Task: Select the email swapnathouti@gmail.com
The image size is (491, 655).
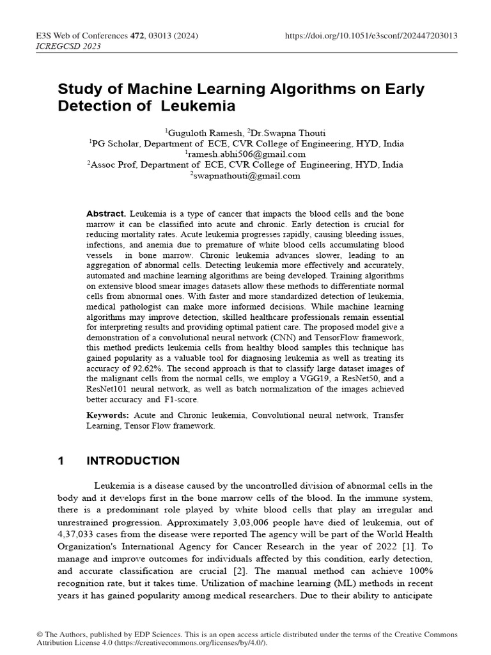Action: [245, 176]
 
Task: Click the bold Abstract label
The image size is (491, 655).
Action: [107, 213]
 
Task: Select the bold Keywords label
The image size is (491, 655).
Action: [108, 415]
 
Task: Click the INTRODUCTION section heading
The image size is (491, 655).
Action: [133, 461]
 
